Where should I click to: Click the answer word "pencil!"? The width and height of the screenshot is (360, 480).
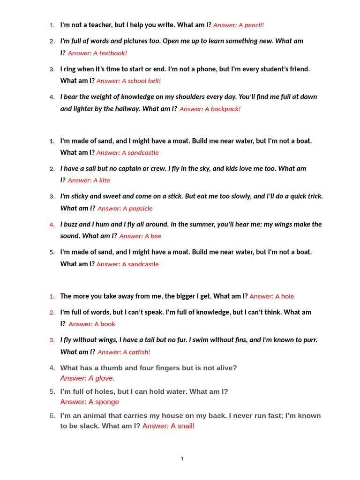pos(254,25)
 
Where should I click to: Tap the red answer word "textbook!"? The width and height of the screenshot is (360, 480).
pos(113,53)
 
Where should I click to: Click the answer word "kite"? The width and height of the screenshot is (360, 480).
pos(104,180)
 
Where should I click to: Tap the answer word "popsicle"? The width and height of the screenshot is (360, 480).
pos(138,209)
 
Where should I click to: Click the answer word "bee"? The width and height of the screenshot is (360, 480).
pos(156,236)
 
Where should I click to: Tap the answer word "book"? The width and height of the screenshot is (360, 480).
pos(107,324)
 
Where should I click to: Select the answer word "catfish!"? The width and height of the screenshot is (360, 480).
pos(136,352)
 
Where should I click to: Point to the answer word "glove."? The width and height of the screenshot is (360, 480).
pos(101,378)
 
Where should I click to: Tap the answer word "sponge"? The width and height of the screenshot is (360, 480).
pos(104,402)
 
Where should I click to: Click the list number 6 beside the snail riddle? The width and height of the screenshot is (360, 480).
pos(52,416)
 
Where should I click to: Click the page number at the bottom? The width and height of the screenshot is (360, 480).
pos(182,459)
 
